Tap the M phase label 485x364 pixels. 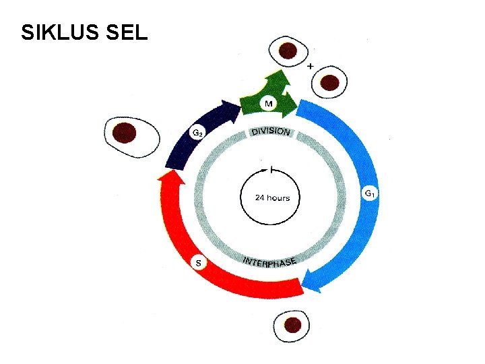(268, 103)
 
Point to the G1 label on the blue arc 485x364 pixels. (370, 194)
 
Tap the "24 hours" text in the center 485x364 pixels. (272, 198)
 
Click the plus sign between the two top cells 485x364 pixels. (310, 67)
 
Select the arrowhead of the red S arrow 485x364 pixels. (168, 177)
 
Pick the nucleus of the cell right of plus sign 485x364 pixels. (329, 82)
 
